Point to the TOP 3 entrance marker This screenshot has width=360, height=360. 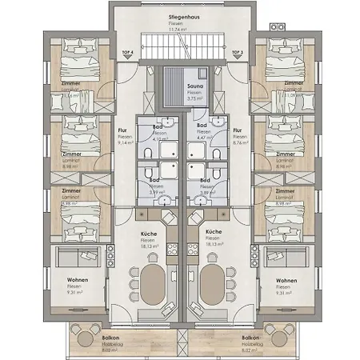pyautogui.click(x=237, y=52)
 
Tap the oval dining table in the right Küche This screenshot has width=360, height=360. pyautogui.click(x=211, y=284)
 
